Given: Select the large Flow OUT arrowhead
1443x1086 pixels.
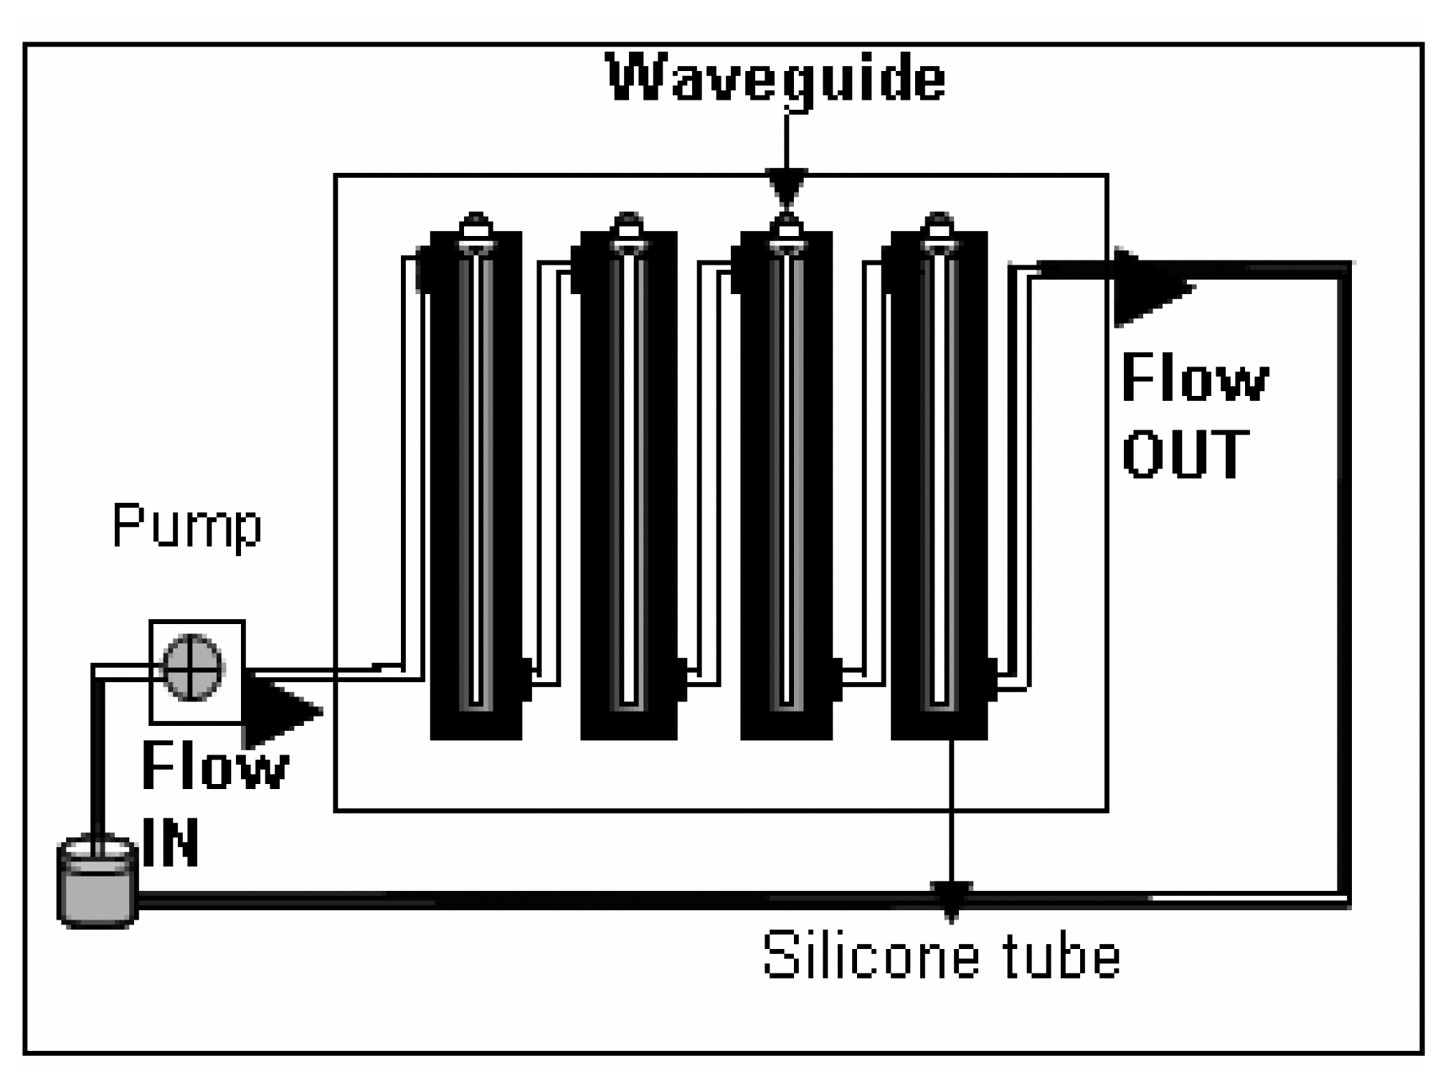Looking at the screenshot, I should [x=1148, y=288].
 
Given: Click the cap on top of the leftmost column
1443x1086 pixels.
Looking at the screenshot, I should [x=476, y=228].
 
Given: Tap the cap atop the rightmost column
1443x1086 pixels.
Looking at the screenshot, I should [x=939, y=228].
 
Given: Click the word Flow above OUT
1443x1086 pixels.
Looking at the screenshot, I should [x=1194, y=377].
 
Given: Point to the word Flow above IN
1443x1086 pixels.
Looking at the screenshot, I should [x=215, y=766].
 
